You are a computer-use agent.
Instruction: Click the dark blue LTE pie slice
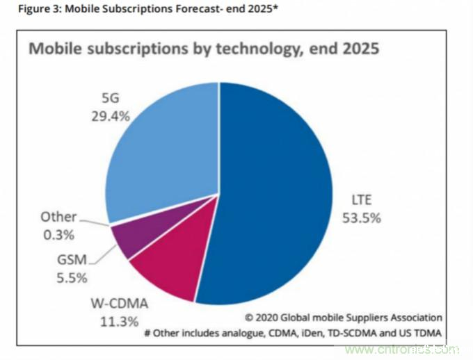tap(278, 195)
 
